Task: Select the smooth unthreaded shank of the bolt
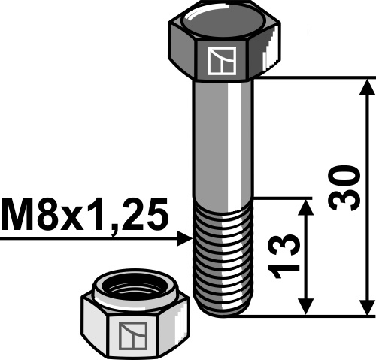tap(223, 135)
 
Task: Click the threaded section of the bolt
tap(223, 256)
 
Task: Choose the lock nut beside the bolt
tap(133, 316)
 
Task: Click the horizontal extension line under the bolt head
tap(316, 77)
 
